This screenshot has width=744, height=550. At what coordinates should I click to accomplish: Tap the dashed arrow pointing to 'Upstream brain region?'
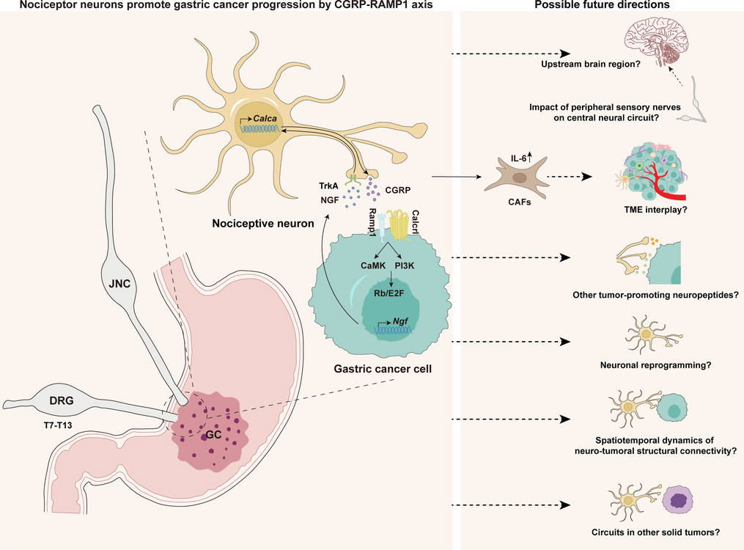pos(510,54)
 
